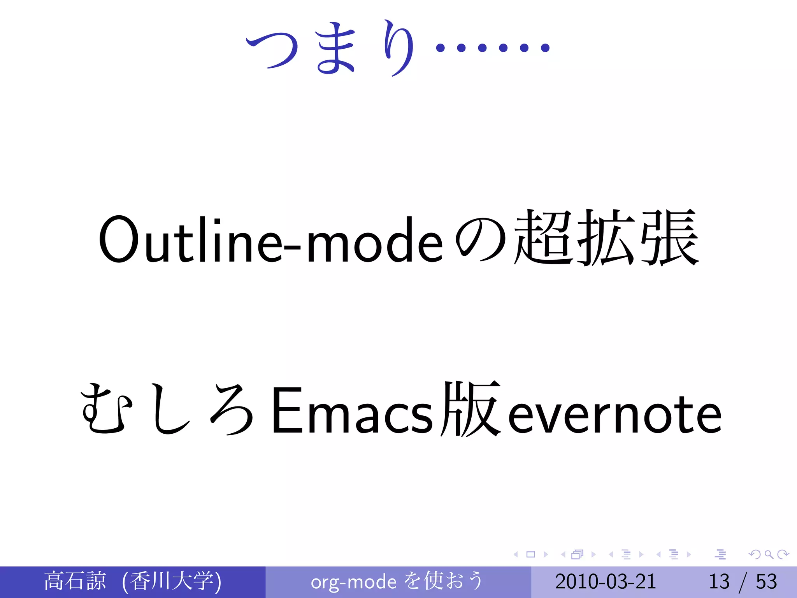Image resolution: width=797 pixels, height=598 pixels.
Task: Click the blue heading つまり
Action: [331, 49]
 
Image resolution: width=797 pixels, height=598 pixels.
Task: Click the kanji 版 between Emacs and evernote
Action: [471, 409]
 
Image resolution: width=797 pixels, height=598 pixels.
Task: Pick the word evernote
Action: [615, 415]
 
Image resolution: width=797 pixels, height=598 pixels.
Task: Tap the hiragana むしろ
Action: [167, 409]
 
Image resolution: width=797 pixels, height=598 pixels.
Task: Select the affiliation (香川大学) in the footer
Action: [171, 581]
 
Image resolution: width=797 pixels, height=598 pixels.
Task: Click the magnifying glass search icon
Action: [769, 554]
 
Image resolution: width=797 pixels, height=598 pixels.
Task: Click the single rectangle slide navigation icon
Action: [530, 554]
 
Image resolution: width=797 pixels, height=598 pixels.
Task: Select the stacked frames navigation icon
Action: [578, 554]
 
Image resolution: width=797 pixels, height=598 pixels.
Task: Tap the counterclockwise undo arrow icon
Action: [755, 554]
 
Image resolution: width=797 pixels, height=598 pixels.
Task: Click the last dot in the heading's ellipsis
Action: [545, 48]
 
